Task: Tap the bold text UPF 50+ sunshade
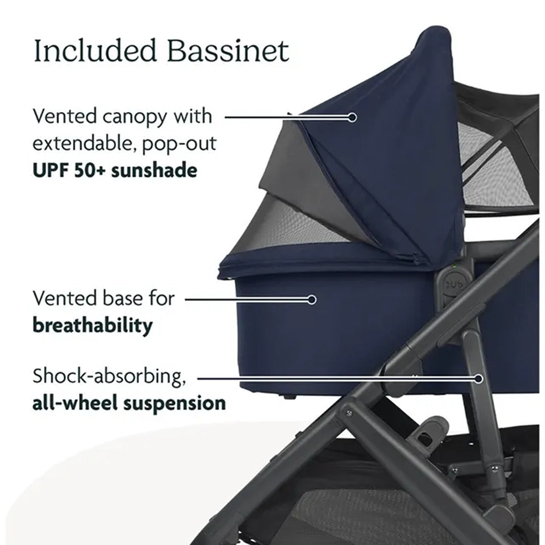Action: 115,170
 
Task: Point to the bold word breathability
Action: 93,325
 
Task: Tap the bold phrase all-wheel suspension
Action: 129,403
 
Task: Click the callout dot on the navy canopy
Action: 352,117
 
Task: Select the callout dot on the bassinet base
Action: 312,300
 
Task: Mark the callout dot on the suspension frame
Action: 479,377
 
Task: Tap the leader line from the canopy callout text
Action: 286,117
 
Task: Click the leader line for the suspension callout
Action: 336,377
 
